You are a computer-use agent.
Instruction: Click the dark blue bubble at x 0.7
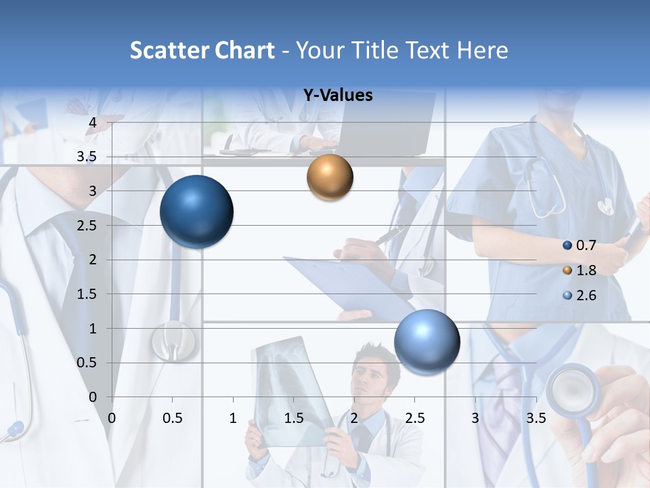(196, 211)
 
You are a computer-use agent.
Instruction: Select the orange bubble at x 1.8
(330, 177)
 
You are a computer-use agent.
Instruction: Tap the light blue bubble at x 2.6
(427, 341)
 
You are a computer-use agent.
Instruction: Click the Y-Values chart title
(337, 96)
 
